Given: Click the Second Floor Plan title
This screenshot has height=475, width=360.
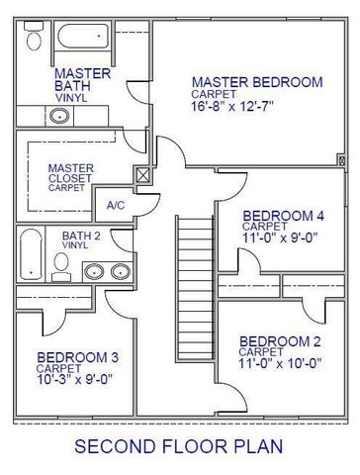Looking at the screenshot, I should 179,446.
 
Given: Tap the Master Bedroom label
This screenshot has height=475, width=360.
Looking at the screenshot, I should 257,82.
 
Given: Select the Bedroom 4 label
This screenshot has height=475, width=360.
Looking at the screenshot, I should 283,216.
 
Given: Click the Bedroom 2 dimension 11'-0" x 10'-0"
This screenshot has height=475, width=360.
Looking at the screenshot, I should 280,363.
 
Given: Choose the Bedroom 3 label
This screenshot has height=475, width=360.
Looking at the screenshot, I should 78,357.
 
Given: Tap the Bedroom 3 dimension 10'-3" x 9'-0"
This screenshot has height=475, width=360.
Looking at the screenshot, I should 75,378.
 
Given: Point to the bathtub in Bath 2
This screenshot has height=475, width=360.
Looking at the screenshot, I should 31,254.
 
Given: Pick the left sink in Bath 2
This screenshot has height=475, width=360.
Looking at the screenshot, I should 96,272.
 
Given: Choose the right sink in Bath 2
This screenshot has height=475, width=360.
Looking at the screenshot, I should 121,272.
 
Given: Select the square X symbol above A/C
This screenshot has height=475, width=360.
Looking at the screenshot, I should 142,177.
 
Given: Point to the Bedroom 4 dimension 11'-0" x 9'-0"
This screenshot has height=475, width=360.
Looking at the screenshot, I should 280,237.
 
